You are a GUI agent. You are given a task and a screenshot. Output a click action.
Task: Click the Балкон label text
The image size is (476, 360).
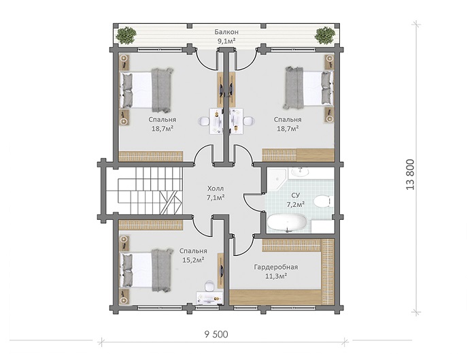(x=226, y=32)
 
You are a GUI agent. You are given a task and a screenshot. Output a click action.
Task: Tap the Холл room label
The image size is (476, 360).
(x=216, y=188)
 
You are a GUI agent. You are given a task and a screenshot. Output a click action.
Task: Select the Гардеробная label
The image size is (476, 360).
(x=276, y=267)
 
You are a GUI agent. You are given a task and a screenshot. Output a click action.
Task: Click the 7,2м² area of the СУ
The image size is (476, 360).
(x=296, y=204)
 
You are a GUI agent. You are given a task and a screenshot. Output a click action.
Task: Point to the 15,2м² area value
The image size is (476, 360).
(x=192, y=260)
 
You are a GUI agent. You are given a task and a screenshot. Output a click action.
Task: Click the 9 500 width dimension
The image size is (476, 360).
(x=216, y=335)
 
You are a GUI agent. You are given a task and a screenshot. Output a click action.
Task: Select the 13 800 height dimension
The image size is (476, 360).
(x=410, y=175)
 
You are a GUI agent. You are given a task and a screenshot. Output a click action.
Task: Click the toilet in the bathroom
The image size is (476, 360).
(x=322, y=201)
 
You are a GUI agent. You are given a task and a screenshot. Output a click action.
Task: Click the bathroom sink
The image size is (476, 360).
(x=301, y=171)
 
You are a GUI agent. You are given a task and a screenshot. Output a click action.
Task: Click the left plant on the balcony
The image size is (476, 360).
(x=125, y=35)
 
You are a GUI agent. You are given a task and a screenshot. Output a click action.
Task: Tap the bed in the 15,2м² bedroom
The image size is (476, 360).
(x=147, y=269)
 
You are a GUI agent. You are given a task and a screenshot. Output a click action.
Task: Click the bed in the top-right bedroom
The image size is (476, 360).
(x=308, y=88)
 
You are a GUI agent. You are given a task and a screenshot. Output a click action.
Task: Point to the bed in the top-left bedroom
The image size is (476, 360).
(x=147, y=90)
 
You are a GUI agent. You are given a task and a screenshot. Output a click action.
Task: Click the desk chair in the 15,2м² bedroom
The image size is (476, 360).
(x=209, y=286)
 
